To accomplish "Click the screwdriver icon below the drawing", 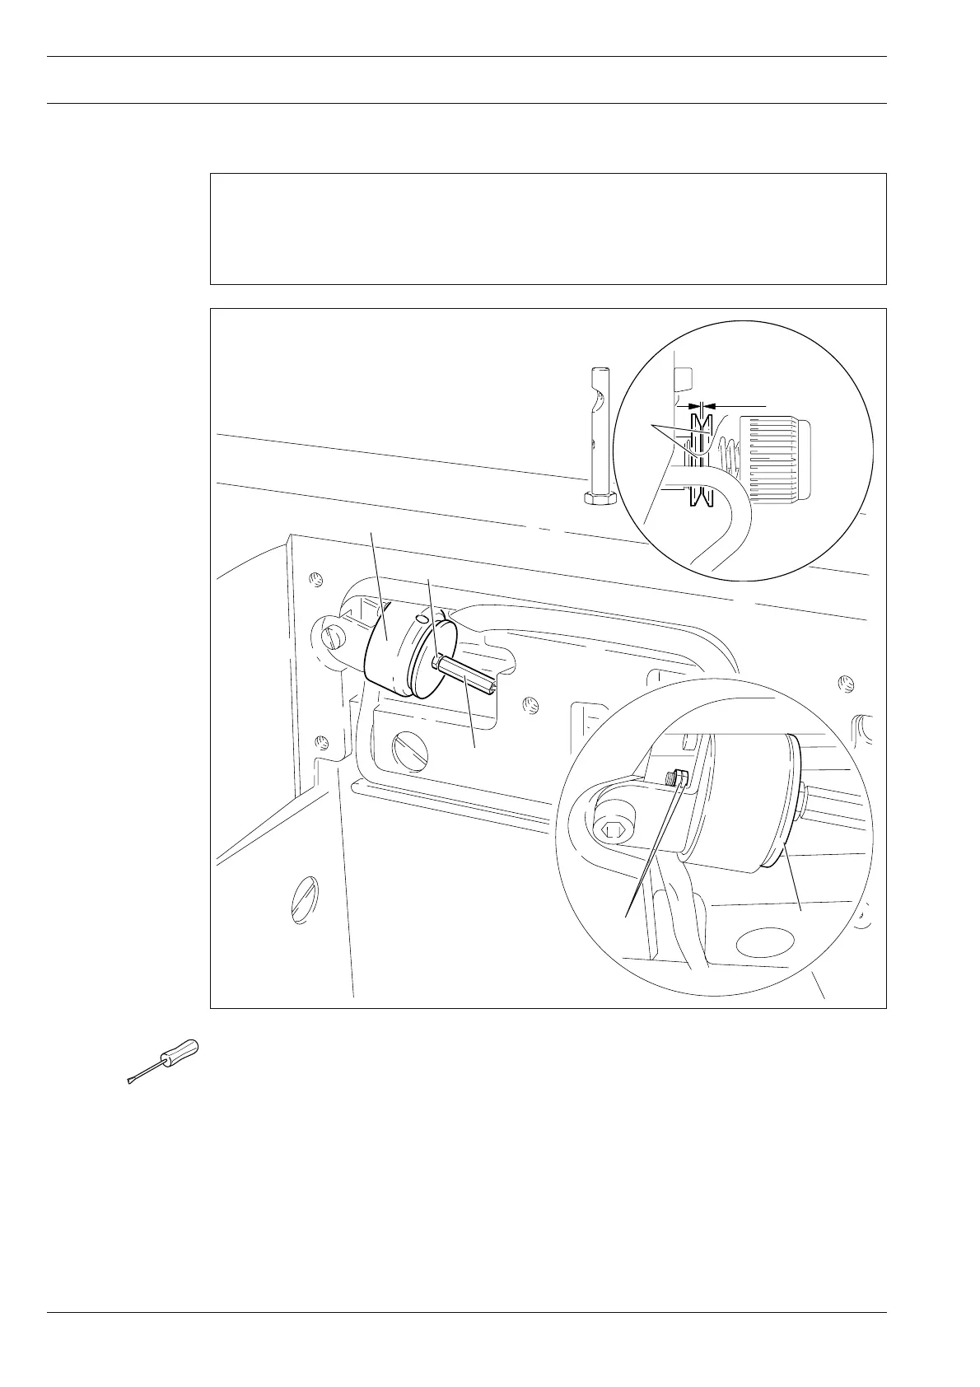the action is [x=164, y=1062].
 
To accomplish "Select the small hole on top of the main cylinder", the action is [x=422, y=617].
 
